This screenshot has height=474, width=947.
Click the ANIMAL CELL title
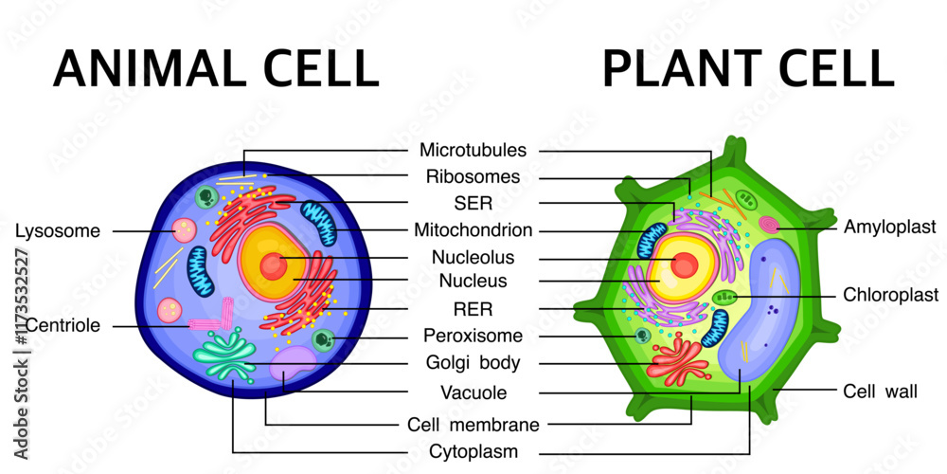(216, 68)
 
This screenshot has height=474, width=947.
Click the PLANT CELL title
(748, 68)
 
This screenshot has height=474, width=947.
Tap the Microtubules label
(473, 150)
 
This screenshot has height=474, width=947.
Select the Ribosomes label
(473, 176)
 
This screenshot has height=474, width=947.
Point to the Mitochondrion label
(473, 230)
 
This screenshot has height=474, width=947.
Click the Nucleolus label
(473, 257)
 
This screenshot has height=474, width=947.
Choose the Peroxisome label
(473, 336)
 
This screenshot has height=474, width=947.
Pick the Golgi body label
(473, 362)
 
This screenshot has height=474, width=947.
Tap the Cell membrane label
(473, 424)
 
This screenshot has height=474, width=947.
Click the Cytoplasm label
(473, 451)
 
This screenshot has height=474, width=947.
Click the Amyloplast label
(889, 228)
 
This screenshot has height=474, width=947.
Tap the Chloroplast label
(891, 295)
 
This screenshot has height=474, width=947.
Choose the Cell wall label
(880, 391)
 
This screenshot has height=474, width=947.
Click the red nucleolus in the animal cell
(273, 265)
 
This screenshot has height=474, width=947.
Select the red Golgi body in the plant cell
(677, 358)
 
